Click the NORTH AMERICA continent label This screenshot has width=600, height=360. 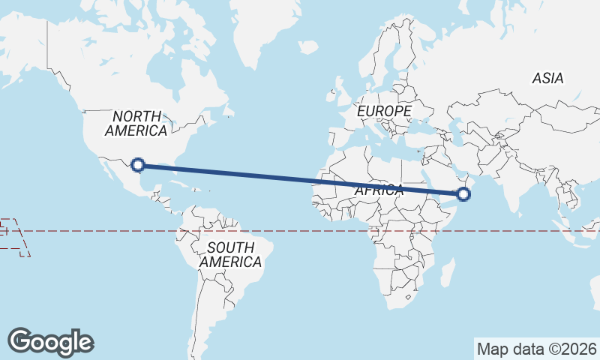pos(136,123)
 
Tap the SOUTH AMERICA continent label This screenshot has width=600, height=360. pos(230,255)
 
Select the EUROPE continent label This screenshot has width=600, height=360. pos(384,111)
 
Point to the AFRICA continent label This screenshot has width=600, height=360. pos(379,190)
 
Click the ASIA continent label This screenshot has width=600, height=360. pos(547,78)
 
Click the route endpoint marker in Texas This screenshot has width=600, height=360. pos(137,164)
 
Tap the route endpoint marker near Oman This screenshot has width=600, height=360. pos(463,195)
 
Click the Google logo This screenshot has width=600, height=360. pos(50,341)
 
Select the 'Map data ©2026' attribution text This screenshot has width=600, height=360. pos(536,349)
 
